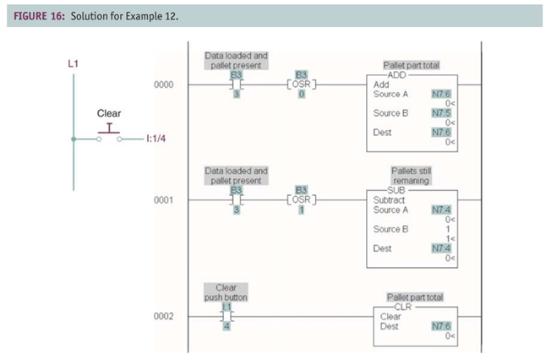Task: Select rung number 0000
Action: pos(164,85)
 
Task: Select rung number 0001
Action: pos(164,201)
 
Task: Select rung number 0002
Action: pos(164,317)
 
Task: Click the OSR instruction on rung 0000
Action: pos(301,85)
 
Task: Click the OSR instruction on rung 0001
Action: pos(301,201)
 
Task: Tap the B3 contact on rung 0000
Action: pos(237,85)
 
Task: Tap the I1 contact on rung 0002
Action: pos(226,317)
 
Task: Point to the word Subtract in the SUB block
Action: pos(389,200)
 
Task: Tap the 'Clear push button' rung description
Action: pos(226,292)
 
